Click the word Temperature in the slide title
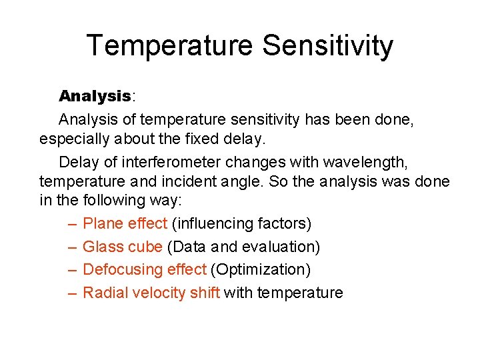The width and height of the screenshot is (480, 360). click(x=169, y=46)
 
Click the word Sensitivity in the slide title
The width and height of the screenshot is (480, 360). click(x=327, y=46)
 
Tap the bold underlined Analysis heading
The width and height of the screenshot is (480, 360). click(x=95, y=97)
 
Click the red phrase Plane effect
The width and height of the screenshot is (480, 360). click(x=125, y=223)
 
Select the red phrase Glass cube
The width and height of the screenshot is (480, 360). click(x=122, y=247)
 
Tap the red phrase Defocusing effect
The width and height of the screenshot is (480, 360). click(x=144, y=269)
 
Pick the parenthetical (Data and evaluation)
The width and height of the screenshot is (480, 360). click(x=243, y=247)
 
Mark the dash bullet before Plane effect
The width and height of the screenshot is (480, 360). click(x=71, y=223)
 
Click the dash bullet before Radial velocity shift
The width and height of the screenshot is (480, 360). click(x=71, y=293)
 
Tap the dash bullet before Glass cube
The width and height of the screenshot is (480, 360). click(x=71, y=247)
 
